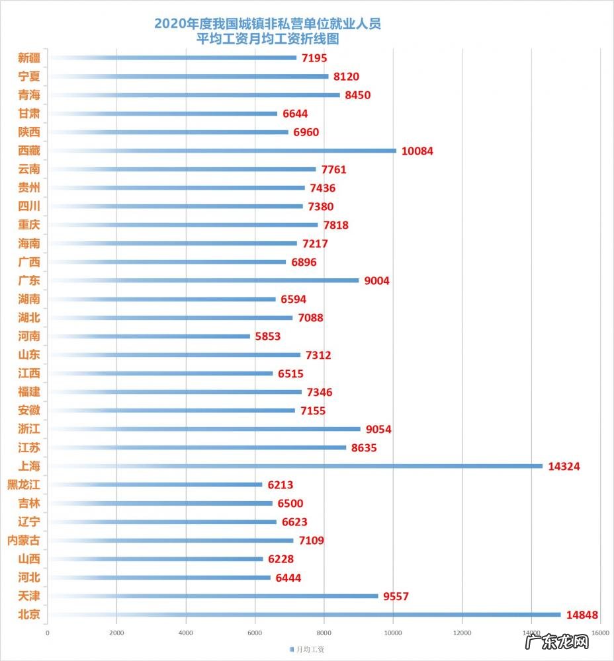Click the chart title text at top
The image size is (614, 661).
[x=267, y=31]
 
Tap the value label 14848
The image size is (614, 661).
[x=582, y=615]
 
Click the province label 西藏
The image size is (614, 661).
[x=29, y=151]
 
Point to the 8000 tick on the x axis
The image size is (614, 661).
[x=324, y=633]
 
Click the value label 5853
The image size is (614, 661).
[x=268, y=336]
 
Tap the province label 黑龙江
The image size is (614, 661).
[x=23, y=485]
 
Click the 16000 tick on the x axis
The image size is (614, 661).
[x=600, y=633]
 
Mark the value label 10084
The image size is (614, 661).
[x=417, y=151]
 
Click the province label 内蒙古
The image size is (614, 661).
[x=23, y=541]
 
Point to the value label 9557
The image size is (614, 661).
[x=396, y=596]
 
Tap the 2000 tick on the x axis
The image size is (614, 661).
[x=116, y=633]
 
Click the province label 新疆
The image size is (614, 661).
[x=29, y=58]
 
